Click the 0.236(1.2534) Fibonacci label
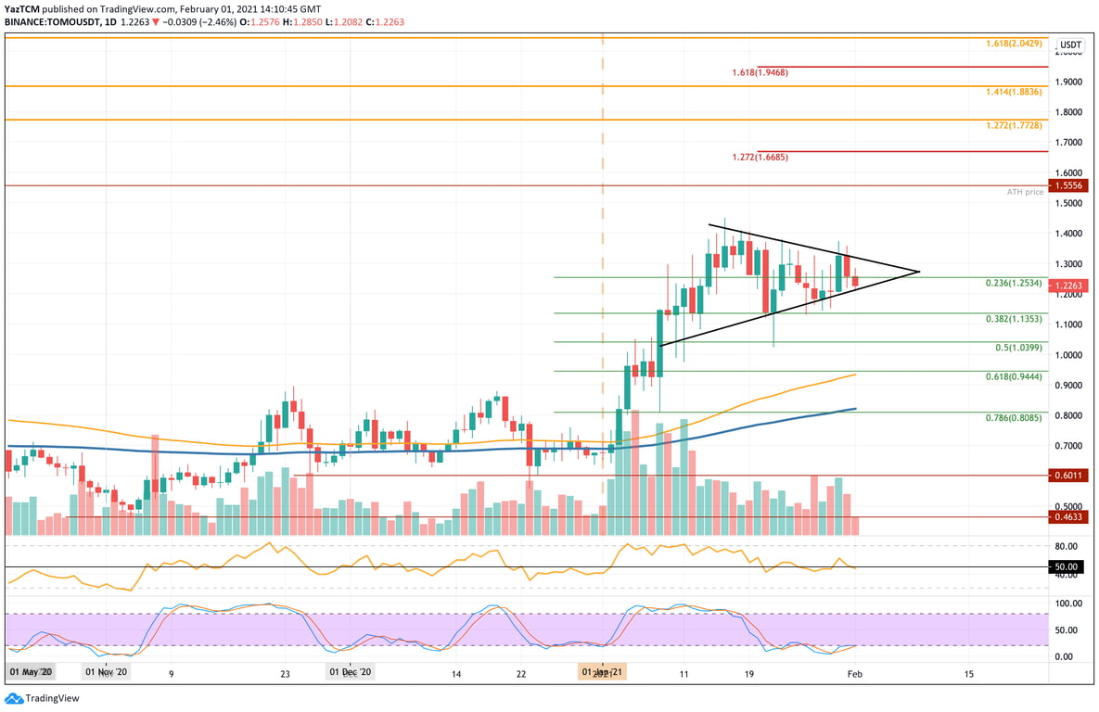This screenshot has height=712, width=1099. coord(1013,282)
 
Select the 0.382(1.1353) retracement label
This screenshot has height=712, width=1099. coord(1013,318)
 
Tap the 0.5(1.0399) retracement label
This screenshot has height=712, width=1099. coord(1017,347)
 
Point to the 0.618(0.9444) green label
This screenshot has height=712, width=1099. coord(1013,376)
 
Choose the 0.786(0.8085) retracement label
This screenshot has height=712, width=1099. coord(1013,418)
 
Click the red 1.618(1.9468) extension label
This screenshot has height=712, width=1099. coord(759,71)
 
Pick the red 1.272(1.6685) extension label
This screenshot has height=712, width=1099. coord(759,157)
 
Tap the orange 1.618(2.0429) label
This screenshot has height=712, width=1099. coord(1014,43)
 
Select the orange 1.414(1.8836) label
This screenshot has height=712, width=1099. coord(1014,92)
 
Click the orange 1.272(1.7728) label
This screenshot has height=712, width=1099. coord(1014,124)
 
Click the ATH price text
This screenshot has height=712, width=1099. coord(1025,192)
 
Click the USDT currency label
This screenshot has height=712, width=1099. coord(1071,44)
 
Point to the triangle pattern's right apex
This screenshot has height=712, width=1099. coord(919,272)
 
